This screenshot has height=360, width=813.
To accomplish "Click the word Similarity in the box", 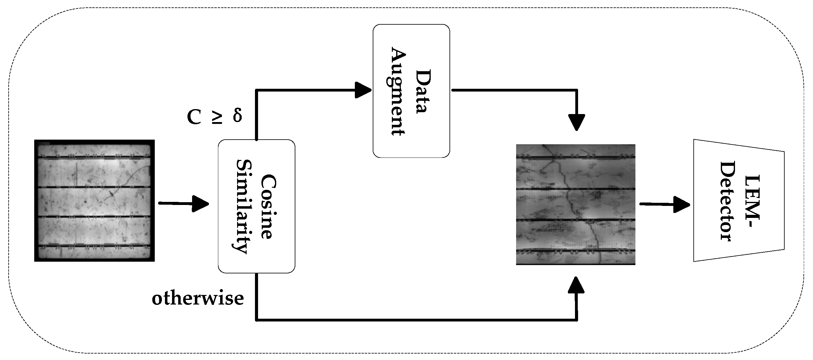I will (x=243, y=207).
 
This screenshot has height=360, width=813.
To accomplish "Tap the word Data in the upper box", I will (x=423, y=91).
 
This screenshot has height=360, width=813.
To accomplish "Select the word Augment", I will (x=398, y=91).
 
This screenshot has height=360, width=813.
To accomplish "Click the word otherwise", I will (x=198, y=298).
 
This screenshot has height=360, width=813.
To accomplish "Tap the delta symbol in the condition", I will (x=237, y=116).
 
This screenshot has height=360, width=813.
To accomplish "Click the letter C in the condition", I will (x=194, y=117).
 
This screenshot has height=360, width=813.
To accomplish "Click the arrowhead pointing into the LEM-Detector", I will (x=682, y=204).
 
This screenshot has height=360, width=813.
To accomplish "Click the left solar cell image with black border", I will (x=94, y=201).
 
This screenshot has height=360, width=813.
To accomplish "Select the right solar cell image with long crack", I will (x=575, y=204).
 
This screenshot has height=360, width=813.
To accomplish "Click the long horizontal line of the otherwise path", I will (x=410, y=320).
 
